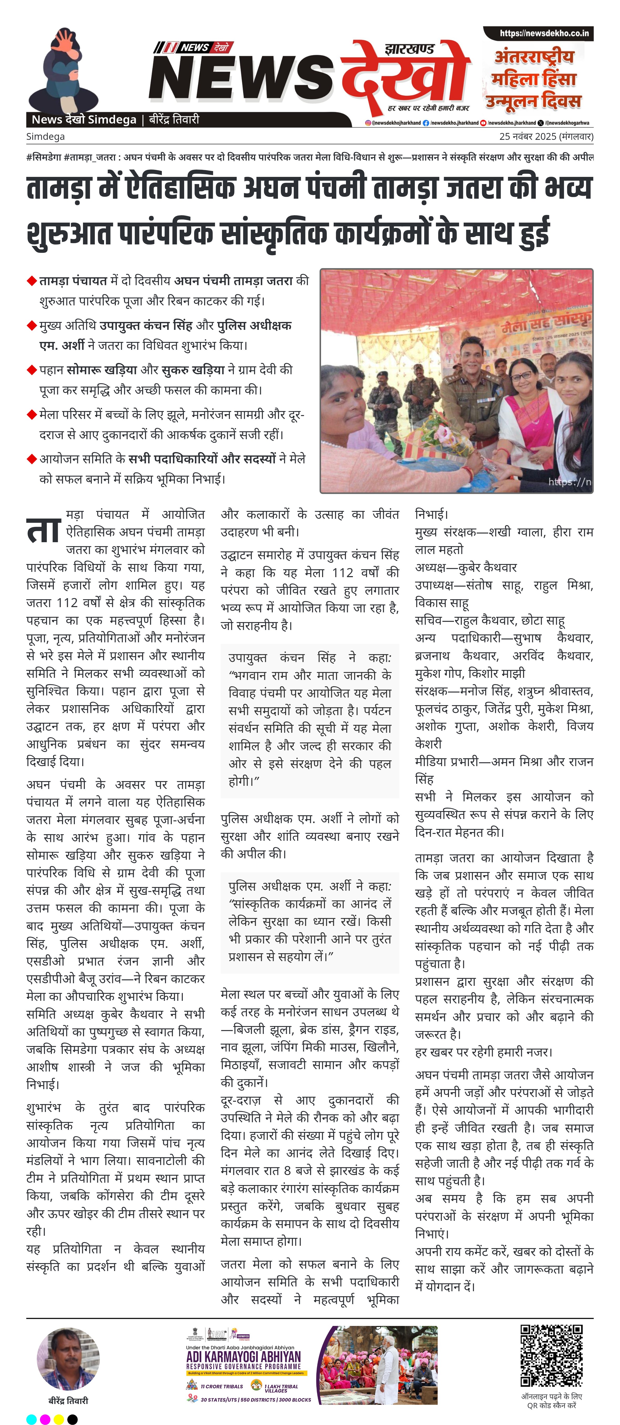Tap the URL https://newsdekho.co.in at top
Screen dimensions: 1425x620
tap(544, 33)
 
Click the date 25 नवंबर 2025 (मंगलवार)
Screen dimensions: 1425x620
tap(546, 136)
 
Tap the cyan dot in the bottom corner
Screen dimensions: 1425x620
tap(32, 1419)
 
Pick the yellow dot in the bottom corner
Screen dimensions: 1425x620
tap(59, 1419)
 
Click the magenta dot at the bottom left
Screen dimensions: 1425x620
tap(45, 1419)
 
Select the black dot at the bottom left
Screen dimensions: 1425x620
tap(73, 1419)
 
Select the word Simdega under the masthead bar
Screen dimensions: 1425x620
tap(45, 136)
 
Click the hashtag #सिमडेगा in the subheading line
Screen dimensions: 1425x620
tap(44, 157)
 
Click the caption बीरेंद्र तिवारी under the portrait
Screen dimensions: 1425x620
tap(68, 1401)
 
